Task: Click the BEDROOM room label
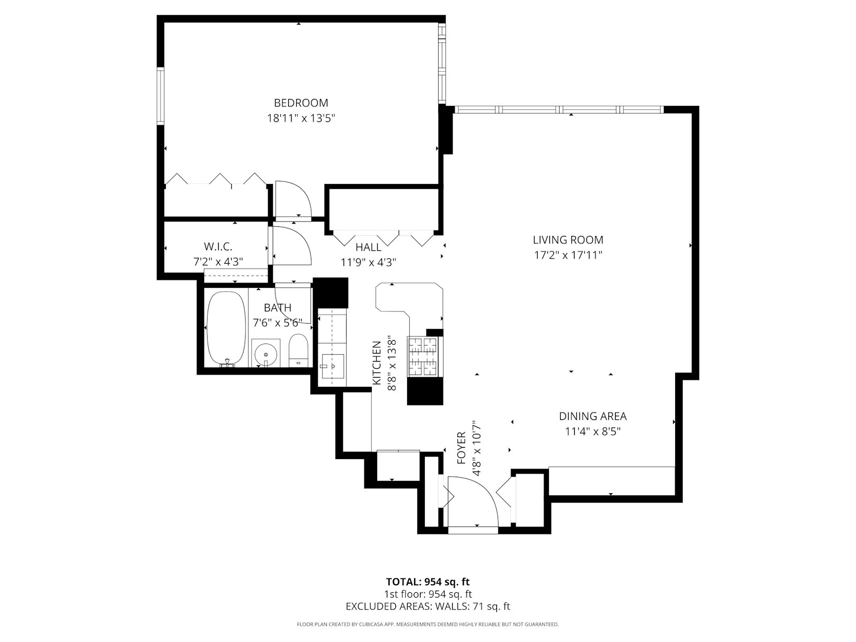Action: click(x=301, y=103)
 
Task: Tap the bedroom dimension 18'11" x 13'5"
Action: click(x=301, y=118)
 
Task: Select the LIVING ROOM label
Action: click(x=568, y=240)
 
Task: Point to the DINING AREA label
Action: click(x=592, y=416)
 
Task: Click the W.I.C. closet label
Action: click(x=218, y=247)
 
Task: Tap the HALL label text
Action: click(x=368, y=247)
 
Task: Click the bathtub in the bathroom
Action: click(x=226, y=328)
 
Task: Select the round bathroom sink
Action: click(x=265, y=353)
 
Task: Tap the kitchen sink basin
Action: click(x=332, y=366)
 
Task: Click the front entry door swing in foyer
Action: click(x=473, y=500)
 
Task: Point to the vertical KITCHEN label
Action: click(x=377, y=363)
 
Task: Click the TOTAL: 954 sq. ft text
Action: click(x=427, y=582)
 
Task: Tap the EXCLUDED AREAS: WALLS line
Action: click(x=427, y=606)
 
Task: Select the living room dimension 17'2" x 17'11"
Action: click(x=568, y=255)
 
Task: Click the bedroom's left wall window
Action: click(x=159, y=96)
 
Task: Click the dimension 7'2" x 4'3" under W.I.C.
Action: click(x=218, y=262)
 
